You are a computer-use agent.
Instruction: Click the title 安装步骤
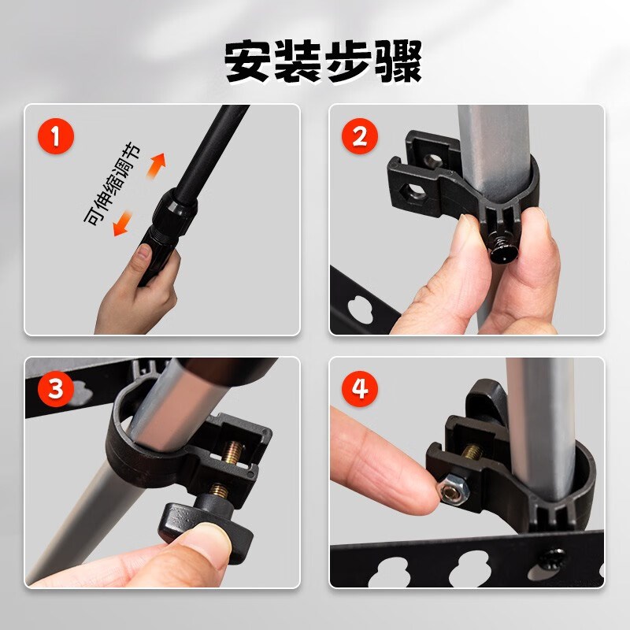(323, 61)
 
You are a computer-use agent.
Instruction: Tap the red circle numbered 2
(360, 137)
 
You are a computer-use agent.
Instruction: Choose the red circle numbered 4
(360, 389)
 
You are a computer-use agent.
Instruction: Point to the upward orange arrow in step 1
(157, 165)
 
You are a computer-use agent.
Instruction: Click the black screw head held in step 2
(501, 251)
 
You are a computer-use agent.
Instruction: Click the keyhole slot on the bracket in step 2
(361, 307)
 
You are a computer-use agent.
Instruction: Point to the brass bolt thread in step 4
(469, 452)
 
